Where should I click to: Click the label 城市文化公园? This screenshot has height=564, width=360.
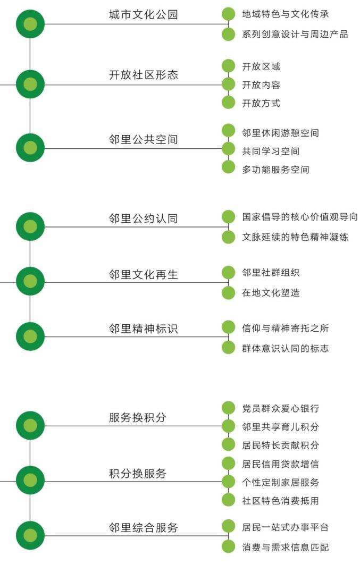pyautogui.click(x=143, y=15)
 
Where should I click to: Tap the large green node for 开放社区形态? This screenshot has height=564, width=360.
pyautogui.click(x=30, y=84)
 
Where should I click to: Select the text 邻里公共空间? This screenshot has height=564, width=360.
pyautogui.click(x=143, y=140)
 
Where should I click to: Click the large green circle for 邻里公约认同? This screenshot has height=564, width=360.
pyautogui.click(x=30, y=226)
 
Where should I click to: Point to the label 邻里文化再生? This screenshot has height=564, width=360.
pyautogui.click(x=143, y=275)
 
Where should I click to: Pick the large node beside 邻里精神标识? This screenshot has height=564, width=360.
pyautogui.click(x=30, y=336)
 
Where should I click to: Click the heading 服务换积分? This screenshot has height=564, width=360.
pyautogui.click(x=138, y=418)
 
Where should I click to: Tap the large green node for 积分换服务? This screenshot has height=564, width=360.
pyautogui.click(x=30, y=481)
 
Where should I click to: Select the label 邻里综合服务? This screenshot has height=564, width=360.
pyautogui.click(x=143, y=528)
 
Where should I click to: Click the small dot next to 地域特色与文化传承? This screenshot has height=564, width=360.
pyautogui.click(x=228, y=14)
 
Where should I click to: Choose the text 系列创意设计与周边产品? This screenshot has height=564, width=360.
pyautogui.click(x=295, y=35)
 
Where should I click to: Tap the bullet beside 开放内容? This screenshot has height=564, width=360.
pyautogui.click(x=228, y=85)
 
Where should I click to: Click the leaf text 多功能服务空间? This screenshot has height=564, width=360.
pyautogui.click(x=275, y=170)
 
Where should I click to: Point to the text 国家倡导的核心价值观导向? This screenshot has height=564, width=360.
pyautogui.click(x=299, y=217)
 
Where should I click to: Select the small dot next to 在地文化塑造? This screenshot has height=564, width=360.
pyautogui.click(x=228, y=293)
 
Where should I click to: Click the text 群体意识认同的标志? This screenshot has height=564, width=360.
pyautogui.click(x=285, y=349)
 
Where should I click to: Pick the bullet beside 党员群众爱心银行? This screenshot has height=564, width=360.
pyautogui.click(x=228, y=408)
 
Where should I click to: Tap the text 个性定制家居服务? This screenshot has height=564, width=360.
pyautogui.click(x=280, y=483)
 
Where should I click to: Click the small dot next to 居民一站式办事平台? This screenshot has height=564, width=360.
pyautogui.click(x=228, y=527)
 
